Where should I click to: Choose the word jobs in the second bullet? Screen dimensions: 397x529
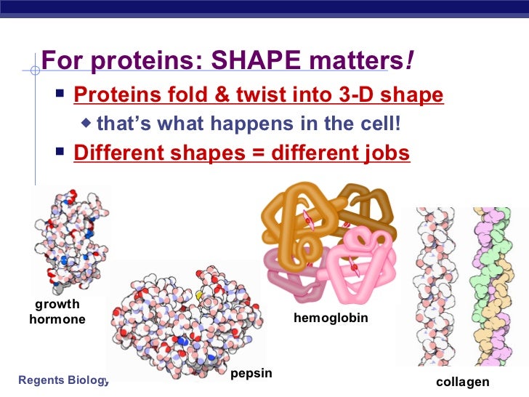point(387,153)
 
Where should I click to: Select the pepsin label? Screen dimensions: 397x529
point(251,373)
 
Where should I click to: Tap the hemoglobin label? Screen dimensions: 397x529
point(331,318)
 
